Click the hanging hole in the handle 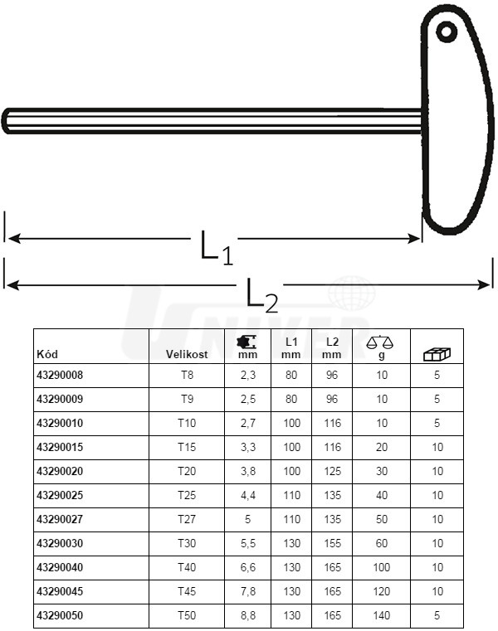click(447, 32)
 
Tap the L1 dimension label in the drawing click(217, 247)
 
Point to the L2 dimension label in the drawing click(262, 296)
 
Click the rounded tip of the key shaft click(6, 120)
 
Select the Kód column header click(47, 354)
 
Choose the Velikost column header click(187, 354)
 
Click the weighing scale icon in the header click(379, 342)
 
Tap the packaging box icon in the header click(437, 354)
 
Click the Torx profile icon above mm click(247, 342)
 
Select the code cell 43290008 click(60, 375)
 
